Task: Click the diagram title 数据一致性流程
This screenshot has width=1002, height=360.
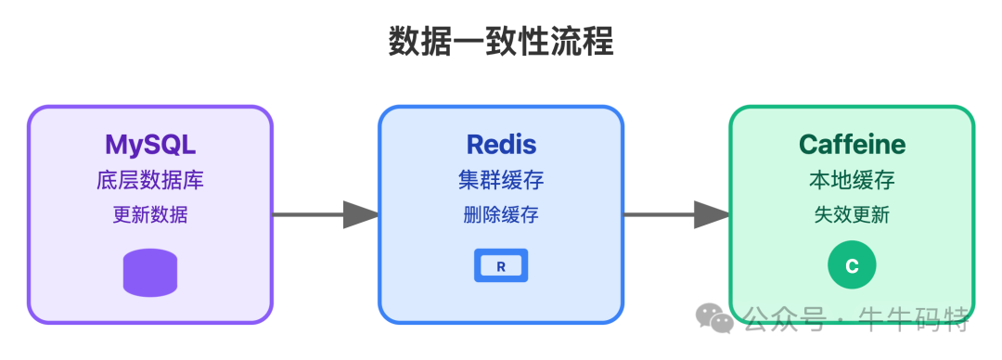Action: (x=500, y=42)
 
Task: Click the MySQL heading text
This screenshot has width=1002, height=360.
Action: (x=149, y=145)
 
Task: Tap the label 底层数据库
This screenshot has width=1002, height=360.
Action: (x=149, y=180)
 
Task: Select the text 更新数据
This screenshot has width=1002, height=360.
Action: (x=149, y=215)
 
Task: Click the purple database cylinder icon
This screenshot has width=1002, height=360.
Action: (x=149, y=273)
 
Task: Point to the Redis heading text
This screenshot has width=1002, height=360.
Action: (x=501, y=145)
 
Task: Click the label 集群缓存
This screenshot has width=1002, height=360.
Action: (x=501, y=180)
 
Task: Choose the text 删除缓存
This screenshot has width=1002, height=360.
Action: (x=501, y=215)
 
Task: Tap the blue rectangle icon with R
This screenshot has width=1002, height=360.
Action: (x=501, y=266)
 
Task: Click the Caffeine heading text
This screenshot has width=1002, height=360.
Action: (x=852, y=145)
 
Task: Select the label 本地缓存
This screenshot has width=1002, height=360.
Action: (x=852, y=180)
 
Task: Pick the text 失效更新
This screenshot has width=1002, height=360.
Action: (x=852, y=215)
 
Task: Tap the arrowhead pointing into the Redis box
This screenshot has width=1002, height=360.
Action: (x=361, y=214)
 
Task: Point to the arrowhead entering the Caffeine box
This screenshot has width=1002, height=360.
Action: (x=712, y=214)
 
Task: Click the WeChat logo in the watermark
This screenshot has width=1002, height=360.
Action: (x=717, y=319)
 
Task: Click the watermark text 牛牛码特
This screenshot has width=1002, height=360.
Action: (x=928, y=320)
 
